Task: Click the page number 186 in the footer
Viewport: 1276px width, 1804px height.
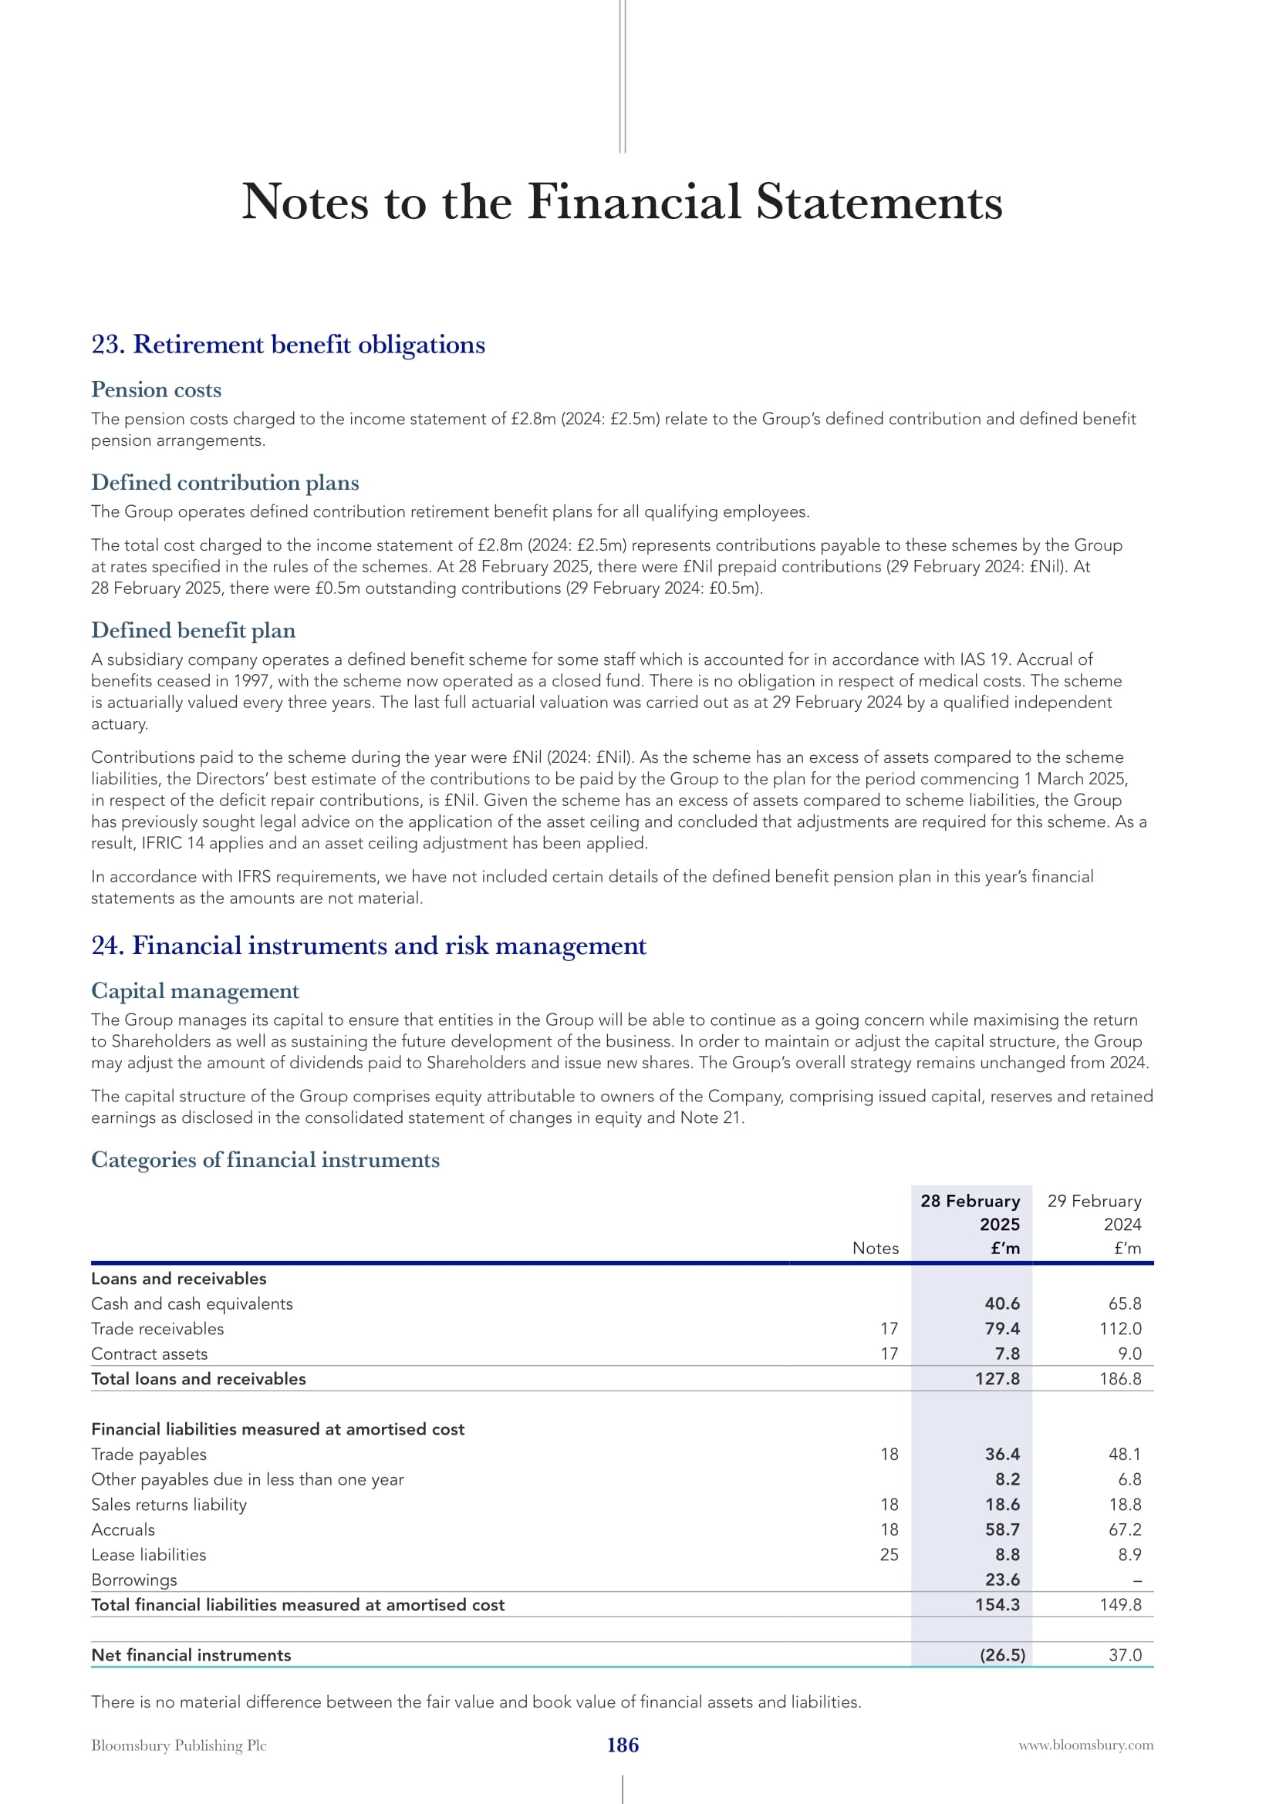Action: (623, 1745)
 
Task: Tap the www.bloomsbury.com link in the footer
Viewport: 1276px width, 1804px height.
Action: (1086, 1745)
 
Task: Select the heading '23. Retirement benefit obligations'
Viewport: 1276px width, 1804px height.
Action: (288, 344)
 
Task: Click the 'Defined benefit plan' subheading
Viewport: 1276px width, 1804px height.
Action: (194, 630)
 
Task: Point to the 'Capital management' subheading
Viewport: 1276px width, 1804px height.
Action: (195, 991)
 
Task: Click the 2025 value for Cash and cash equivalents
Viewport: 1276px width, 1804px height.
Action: (1002, 1303)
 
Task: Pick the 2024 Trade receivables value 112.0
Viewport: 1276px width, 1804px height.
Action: (1119, 1329)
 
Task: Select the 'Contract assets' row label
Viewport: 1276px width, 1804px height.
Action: (150, 1354)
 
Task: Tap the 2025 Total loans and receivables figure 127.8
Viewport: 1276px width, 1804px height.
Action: (997, 1379)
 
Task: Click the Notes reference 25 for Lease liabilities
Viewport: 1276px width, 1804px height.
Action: (889, 1555)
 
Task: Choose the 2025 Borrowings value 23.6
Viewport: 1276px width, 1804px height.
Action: (1002, 1580)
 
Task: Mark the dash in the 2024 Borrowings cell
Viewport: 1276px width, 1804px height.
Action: (1137, 1581)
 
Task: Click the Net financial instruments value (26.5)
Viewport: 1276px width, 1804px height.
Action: (1002, 1655)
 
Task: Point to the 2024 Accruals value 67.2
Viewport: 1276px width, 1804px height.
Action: (1124, 1529)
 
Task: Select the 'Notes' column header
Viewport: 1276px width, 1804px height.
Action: (876, 1249)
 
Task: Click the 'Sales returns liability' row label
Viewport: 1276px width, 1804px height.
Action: (169, 1505)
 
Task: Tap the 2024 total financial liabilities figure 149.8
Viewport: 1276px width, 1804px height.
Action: (1119, 1605)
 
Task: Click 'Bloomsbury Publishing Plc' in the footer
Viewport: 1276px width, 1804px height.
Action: (178, 1745)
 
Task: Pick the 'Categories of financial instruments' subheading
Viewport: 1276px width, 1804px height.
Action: (265, 1160)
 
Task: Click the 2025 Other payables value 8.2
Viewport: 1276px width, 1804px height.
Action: (1008, 1479)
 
